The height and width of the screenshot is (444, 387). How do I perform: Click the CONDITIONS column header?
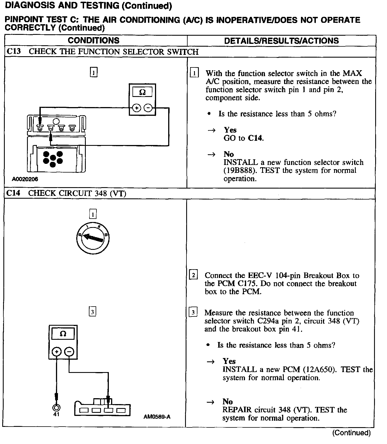tap(93, 40)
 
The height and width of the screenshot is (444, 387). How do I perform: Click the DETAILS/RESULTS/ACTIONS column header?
tap(281, 41)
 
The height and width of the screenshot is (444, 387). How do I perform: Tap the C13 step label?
tap(13, 51)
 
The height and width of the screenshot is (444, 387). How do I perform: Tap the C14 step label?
tap(13, 193)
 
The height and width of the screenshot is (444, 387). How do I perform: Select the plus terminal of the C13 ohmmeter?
tap(137, 108)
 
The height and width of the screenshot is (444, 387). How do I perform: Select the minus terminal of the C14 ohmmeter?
tap(69, 352)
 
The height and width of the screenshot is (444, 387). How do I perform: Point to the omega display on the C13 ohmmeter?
tap(142, 92)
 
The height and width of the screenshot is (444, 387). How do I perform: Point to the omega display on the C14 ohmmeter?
tap(63, 334)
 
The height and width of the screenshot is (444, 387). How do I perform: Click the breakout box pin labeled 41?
tap(56, 407)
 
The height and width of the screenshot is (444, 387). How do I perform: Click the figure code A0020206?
tap(25, 179)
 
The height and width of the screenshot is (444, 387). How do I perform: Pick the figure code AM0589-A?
tap(157, 417)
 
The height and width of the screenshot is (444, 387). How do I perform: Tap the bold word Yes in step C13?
tap(230, 130)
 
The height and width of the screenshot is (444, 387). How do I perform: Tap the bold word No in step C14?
tap(228, 402)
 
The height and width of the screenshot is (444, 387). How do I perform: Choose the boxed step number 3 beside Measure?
tap(193, 312)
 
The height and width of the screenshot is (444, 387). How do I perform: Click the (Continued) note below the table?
tap(351, 433)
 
